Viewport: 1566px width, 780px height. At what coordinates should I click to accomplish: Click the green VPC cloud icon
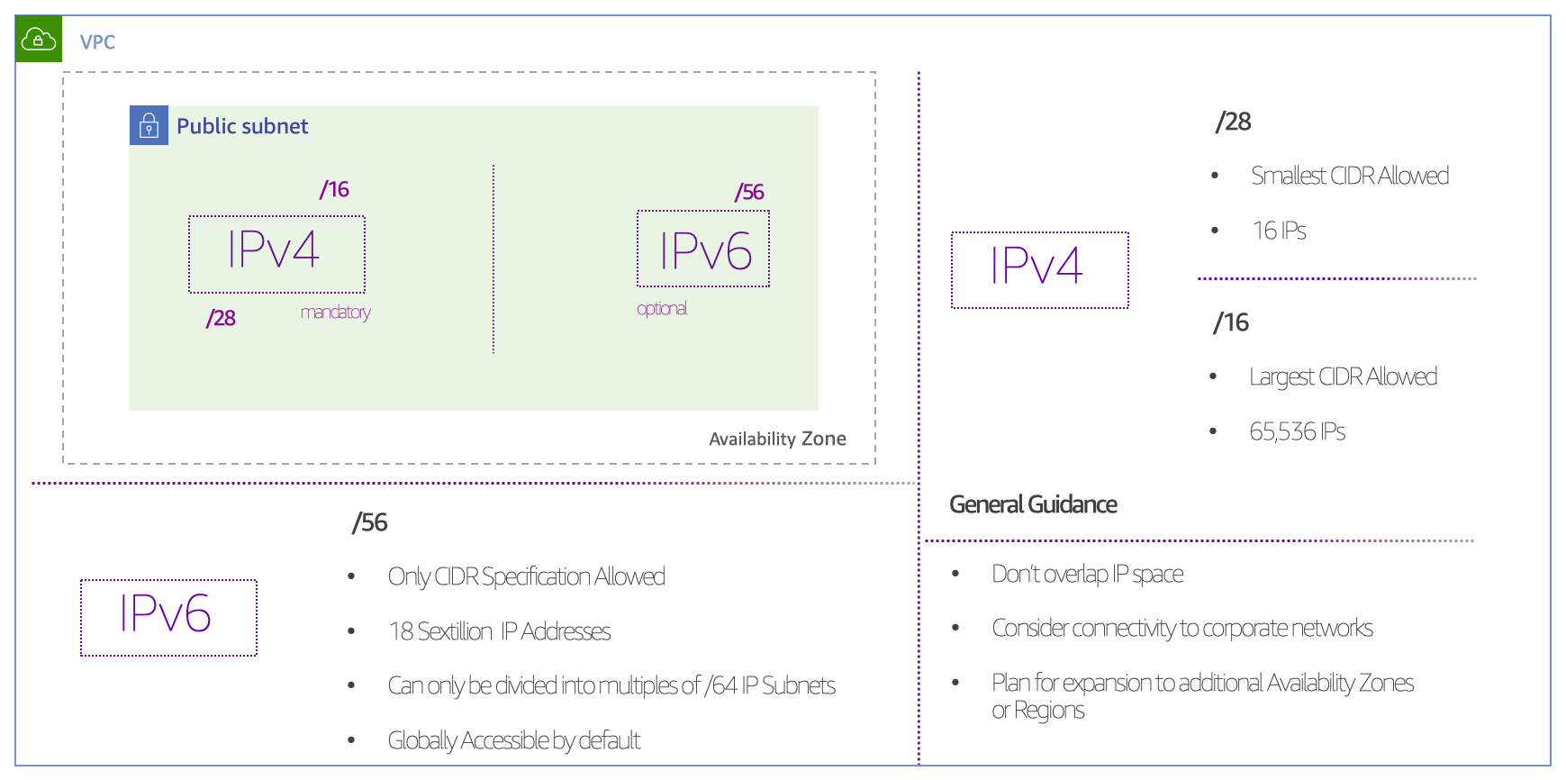coord(39,39)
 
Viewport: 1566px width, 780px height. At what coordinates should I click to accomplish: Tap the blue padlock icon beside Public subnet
coord(149,125)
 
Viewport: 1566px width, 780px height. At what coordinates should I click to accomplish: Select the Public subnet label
coord(241,126)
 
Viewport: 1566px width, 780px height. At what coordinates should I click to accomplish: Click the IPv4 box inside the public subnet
coord(276,253)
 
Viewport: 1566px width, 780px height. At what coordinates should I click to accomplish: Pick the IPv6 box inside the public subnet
coord(703,249)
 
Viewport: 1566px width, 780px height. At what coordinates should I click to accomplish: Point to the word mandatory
coord(335,313)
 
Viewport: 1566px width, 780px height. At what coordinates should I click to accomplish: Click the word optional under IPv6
coord(662,309)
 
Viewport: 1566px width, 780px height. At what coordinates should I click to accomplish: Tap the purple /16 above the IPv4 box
coord(334,189)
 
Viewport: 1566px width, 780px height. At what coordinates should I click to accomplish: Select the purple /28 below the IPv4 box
coord(221,318)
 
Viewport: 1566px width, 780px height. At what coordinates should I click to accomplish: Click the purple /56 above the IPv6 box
coord(749,192)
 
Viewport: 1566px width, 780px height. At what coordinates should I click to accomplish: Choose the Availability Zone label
coord(777,439)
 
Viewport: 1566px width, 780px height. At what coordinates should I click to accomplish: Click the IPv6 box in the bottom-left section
coord(168,617)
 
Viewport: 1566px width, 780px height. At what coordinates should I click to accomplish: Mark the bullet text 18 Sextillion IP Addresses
coord(499,631)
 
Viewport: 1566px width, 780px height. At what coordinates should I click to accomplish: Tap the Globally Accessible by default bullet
coord(513,740)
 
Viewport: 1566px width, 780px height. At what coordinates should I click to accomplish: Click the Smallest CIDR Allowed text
coord(1349,176)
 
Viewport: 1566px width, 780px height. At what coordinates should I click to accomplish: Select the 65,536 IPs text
coord(1297,431)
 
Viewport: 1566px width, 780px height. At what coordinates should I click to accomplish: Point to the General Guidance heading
coord(1033,504)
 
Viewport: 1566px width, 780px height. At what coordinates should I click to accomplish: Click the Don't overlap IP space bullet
coord(1087,574)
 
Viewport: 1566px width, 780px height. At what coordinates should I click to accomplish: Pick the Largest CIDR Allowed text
coord(1343,376)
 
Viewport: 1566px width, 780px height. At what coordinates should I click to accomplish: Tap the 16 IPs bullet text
coord(1279,231)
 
